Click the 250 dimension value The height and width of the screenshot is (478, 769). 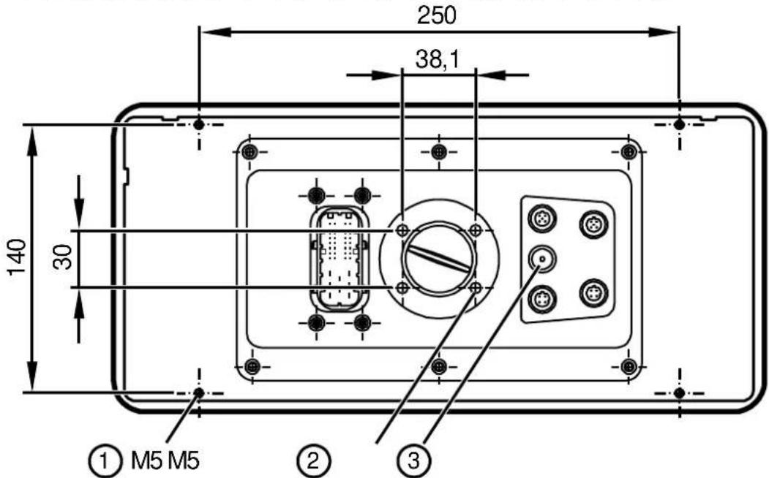436,15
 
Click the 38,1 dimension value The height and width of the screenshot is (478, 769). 438,59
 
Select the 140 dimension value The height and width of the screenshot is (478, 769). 17,257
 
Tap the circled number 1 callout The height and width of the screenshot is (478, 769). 103,461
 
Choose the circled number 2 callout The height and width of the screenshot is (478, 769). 314,461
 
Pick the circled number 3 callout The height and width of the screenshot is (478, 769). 413,461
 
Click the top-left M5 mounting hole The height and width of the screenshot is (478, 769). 198,125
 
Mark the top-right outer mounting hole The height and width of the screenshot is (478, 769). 679,125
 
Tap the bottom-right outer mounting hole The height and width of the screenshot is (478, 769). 679,392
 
